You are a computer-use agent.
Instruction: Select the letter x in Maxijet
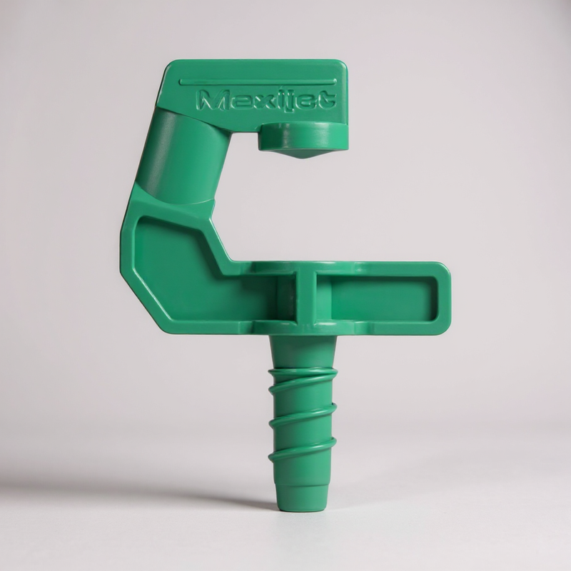pyautogui.click(x=265, y=101)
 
